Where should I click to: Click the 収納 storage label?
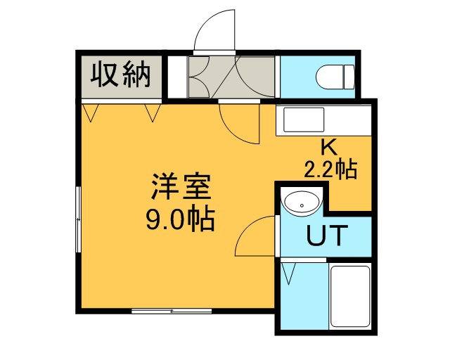[x=121, y=75]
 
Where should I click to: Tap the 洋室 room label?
[x=181, y=186]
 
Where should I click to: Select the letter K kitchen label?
[x=329, y=148]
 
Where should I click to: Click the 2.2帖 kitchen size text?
[x=330, y=169]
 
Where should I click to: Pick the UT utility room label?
[x=328, y=236]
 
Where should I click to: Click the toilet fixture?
[x=335, y=77]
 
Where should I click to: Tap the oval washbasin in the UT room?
[x=300, y=203]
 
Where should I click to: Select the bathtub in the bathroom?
[x=350, y=297]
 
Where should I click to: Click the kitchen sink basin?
[x=304, y=120]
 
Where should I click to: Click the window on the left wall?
[x=78, y=219]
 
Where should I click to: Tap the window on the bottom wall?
[x=172, y=311]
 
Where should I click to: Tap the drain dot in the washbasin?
[x=302, y=205]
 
